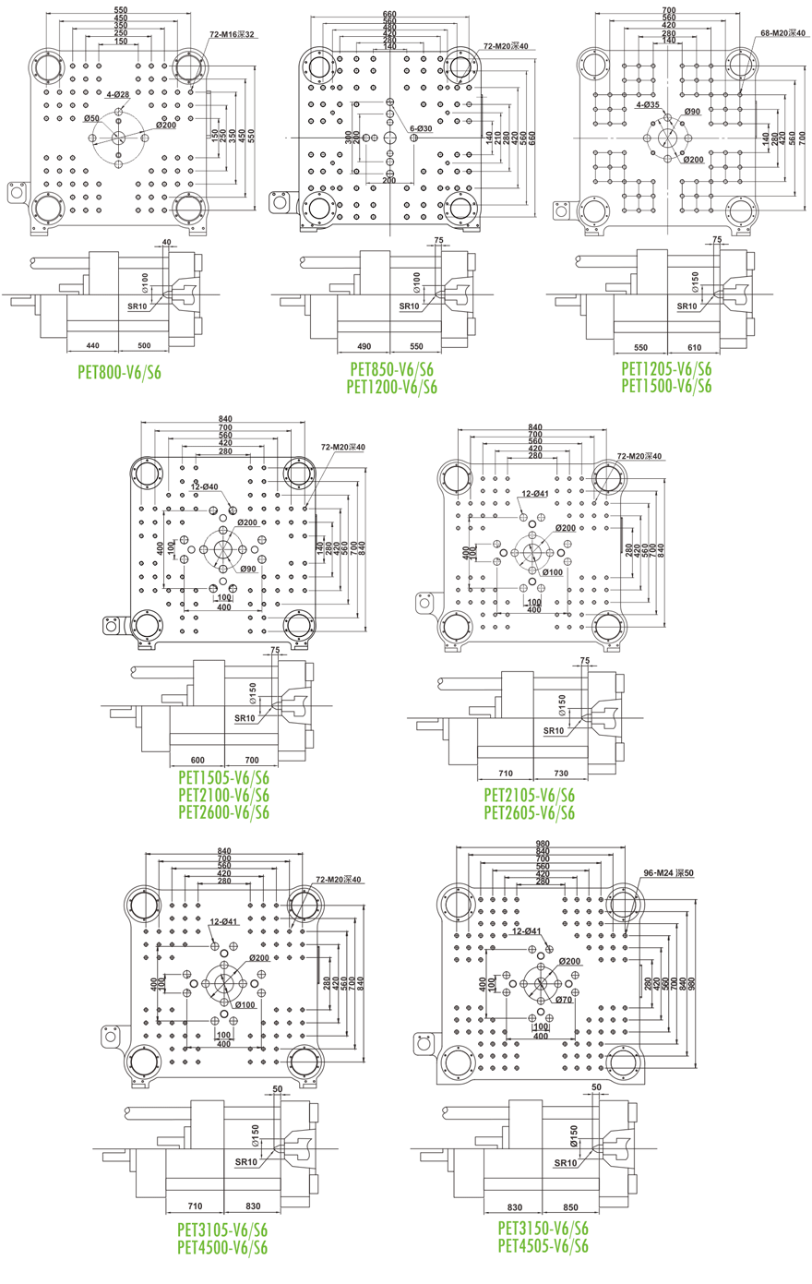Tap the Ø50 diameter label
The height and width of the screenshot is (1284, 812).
click(x=91, y=119)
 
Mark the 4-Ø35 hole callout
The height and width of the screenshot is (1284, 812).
click(x=647, y=105)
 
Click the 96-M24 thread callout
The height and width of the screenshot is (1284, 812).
click(x=669, y=872)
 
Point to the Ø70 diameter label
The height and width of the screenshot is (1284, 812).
click(x=564, y=999)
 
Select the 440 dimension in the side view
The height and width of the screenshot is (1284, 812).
click(x=92, y=345)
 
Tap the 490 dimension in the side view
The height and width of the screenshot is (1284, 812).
click(x=363, y=346)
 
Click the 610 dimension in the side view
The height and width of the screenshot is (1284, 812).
click(x=695, y=348)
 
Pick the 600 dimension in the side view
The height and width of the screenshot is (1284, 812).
click(x=197, y=760)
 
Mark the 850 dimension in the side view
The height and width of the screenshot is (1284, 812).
click(x=570, y=1207)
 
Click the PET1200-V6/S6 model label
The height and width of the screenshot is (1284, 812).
click(x=391, y=387)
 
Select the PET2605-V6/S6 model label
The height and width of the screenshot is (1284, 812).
click(x=529, y=812)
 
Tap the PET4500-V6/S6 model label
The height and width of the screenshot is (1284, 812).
click(x=222, y=1248)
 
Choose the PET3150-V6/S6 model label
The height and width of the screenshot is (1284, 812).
click(x=543, y=1229)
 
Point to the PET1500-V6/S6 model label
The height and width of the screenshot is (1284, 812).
click(x=666, y=386)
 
